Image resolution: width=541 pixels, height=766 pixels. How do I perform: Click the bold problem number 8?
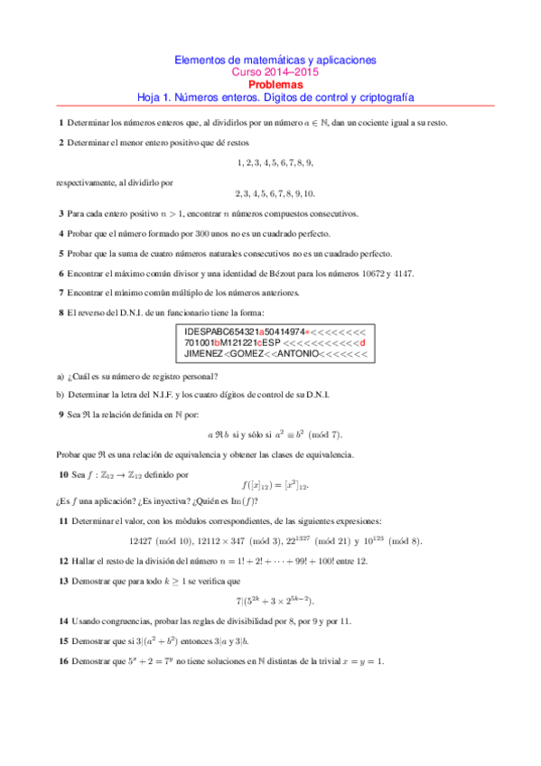click(60, 312)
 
